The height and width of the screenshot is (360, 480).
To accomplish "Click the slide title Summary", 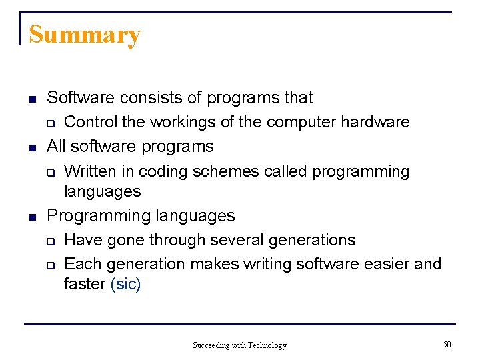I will pos(85,35).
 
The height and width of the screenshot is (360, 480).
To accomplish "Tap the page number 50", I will pos(447,344).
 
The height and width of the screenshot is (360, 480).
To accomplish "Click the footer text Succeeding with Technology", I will pos(239,345).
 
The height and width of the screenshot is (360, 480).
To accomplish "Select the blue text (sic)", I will pos(126,284).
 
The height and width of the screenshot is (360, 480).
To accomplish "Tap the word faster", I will pos(85,284).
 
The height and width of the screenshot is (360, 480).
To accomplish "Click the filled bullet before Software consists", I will pos(31,99).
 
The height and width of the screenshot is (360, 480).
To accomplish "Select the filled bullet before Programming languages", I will pos(31,217).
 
